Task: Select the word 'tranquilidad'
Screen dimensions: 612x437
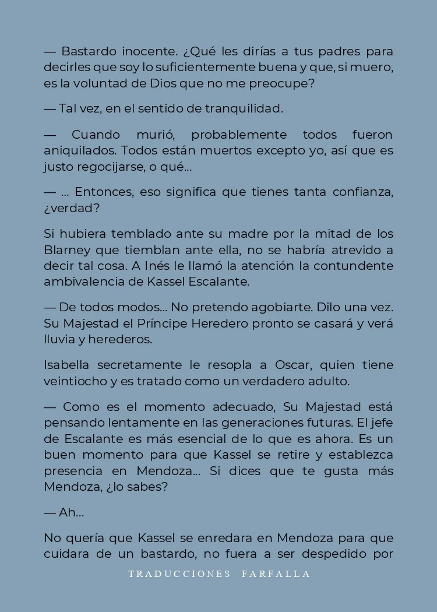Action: [x=245, y=108]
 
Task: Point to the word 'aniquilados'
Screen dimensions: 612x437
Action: [x=73, y=150]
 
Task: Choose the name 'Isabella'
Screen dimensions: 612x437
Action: [x=66, y=365]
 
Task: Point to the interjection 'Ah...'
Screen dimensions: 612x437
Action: [x=71, y=512]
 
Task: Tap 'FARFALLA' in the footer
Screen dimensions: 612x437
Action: [x=276, y=574]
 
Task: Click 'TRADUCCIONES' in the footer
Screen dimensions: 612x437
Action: [x=179, y=574]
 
